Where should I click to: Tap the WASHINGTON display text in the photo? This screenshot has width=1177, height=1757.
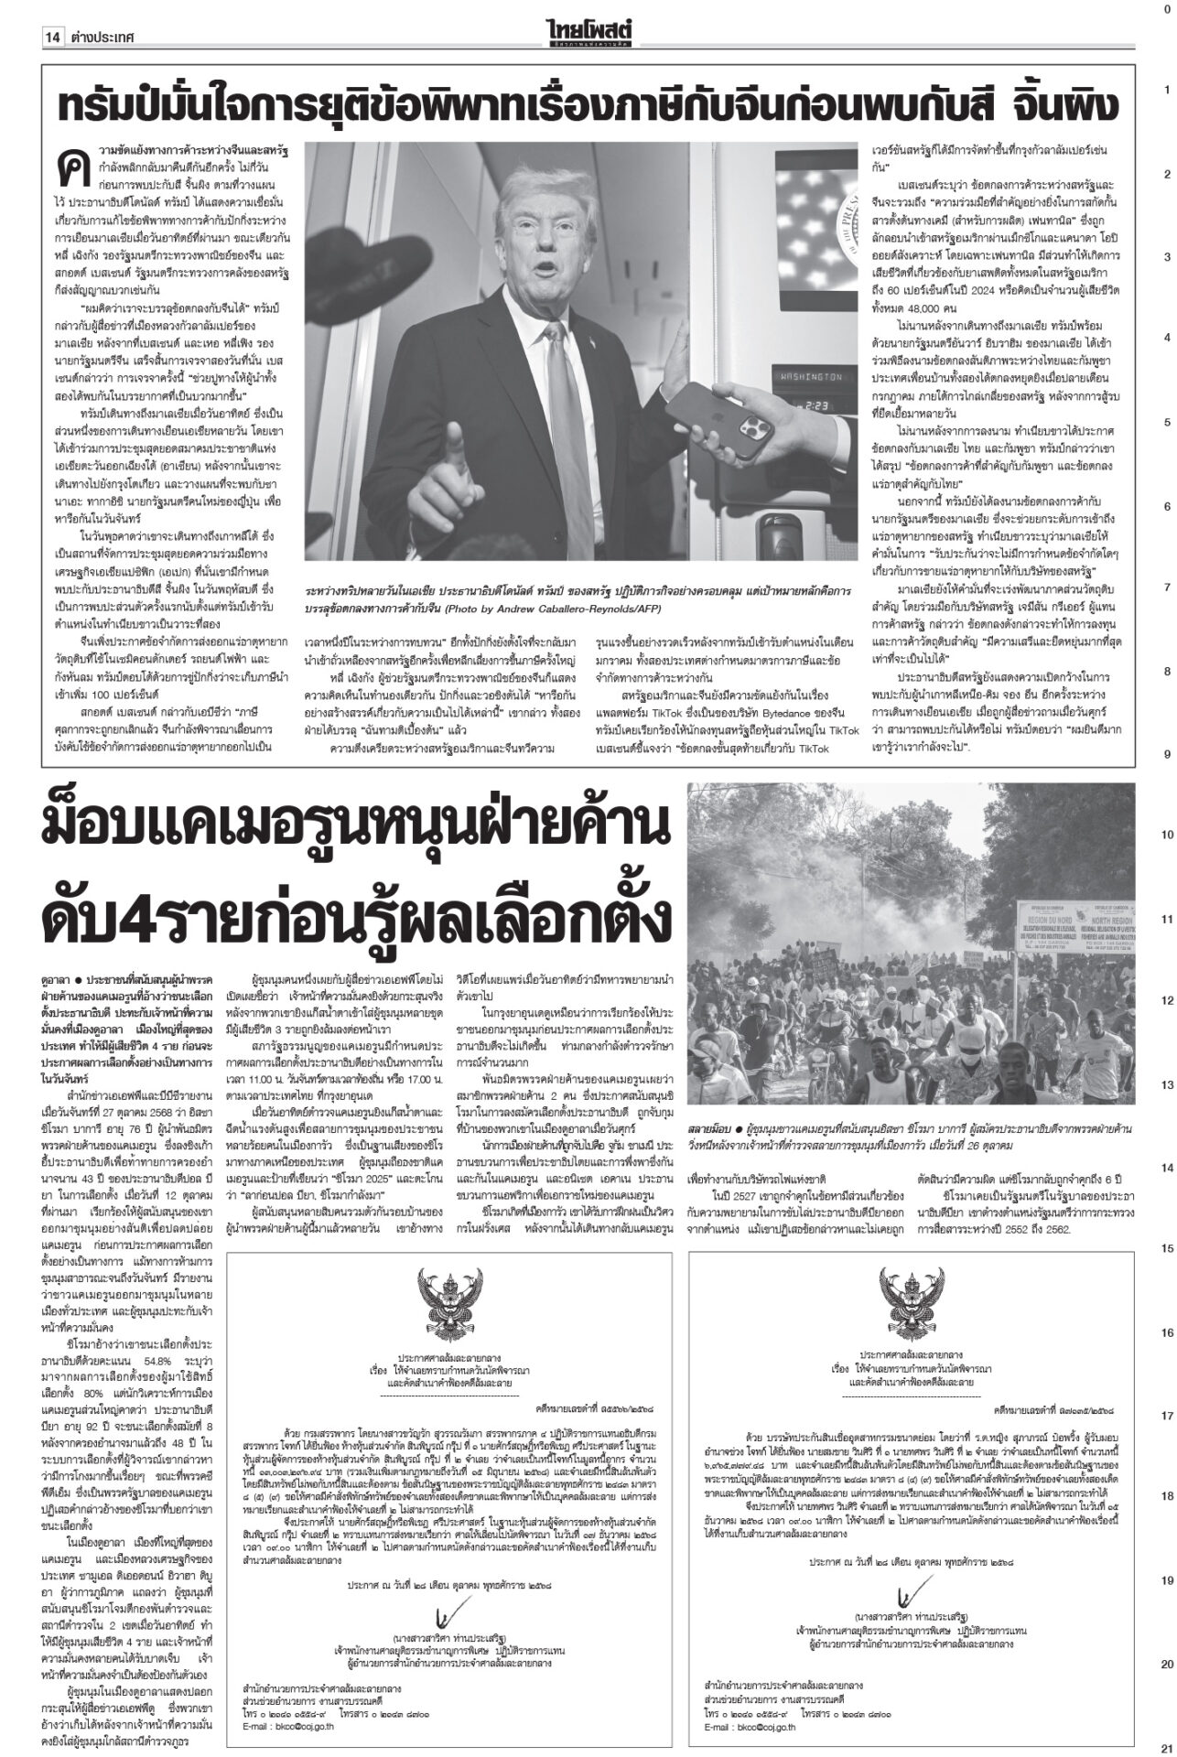(x=808, y=376)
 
